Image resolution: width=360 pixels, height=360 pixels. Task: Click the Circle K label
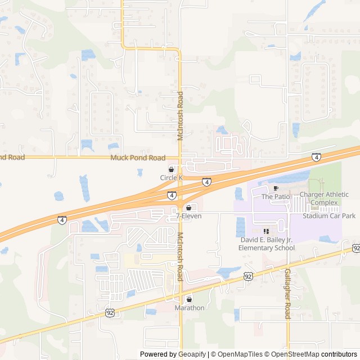coord(172,178)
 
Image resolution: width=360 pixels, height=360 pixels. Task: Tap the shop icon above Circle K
coord(172,169)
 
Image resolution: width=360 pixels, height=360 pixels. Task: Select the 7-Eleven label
coord(188,216)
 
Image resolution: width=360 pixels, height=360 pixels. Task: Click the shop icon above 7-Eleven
coord(188,208)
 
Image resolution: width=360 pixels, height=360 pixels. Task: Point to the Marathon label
coord(189,308)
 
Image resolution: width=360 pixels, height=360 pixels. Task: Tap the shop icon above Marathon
coord(189,299)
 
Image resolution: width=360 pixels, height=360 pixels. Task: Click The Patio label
coord(274,197)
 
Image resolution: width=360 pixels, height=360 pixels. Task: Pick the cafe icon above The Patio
coord(276,188)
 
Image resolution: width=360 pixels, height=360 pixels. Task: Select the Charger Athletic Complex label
coord(324,199)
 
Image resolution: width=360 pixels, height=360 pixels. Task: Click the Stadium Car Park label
coord(329,216)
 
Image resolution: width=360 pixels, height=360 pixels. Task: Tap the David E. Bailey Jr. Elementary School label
coord(266,244)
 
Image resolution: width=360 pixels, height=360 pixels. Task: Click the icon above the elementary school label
coord(266,231)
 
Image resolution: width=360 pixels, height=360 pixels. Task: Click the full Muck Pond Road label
coord(138,158)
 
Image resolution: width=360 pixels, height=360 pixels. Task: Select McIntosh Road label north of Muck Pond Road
coord(181,116)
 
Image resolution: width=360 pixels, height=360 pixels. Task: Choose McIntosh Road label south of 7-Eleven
coord(181,257)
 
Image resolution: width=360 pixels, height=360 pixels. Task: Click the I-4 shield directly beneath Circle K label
coord(171,195)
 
